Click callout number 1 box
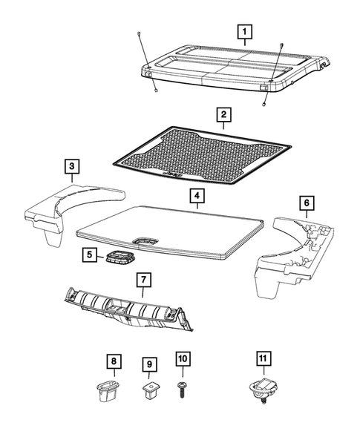pos(244,32)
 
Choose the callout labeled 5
pos(88,255)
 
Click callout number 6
pos(306,203)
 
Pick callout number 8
pos(113,361)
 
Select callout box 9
pos(148,365)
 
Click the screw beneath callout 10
pos(183,390)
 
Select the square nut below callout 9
pos(149,390)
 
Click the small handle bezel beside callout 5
pos(118,257)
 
